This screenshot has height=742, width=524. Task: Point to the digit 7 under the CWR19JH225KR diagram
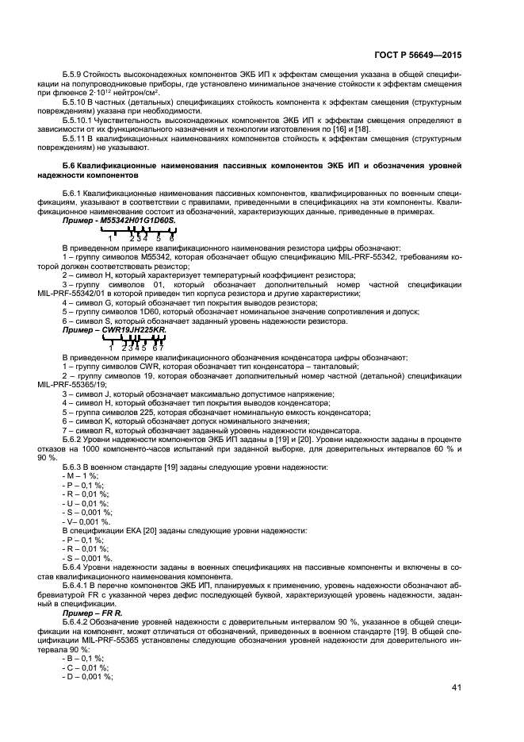(x=161, y=348)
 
